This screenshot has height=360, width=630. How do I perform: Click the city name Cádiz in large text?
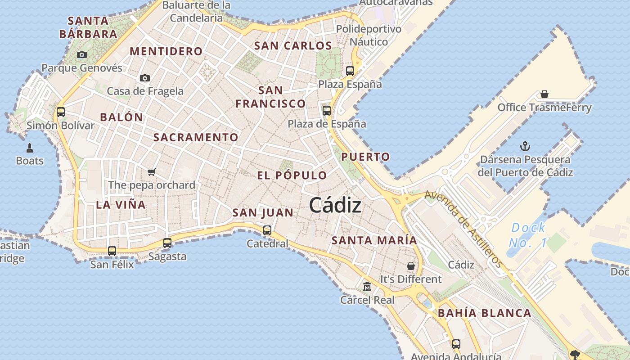coord(335,206)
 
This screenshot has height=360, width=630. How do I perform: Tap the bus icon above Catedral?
coord(267,230)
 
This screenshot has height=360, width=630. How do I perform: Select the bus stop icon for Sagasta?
coord(167,243)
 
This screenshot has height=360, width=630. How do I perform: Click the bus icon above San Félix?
coord(112,251)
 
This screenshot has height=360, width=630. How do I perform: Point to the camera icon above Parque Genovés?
coord(82,55)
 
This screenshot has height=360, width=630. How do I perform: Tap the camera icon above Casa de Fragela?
coord(145,78)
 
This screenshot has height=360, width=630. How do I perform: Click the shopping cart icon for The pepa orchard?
coord(152,172)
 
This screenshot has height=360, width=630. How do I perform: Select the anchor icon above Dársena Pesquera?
coord(525,146)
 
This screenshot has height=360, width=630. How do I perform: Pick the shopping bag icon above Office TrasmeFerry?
coord(544,94)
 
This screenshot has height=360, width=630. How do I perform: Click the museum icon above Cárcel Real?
coord(367,287)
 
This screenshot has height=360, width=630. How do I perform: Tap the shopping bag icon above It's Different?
coord(411,266)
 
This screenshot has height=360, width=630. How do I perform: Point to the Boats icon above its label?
coord(30,148)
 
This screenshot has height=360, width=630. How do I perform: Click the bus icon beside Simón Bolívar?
coord(61,112)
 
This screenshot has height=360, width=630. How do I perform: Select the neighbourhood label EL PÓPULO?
coord(292,175)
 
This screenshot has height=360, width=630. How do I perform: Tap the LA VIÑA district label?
coord(121,205)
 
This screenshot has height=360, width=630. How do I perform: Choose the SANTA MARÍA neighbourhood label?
coord(374,240)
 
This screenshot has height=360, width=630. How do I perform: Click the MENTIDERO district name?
coord(166,51)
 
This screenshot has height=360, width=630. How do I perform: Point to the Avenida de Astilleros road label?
coord(463,229)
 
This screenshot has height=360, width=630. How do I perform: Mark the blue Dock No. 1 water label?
coord(528,235)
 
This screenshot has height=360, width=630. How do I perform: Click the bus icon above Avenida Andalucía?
coord(456,344)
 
